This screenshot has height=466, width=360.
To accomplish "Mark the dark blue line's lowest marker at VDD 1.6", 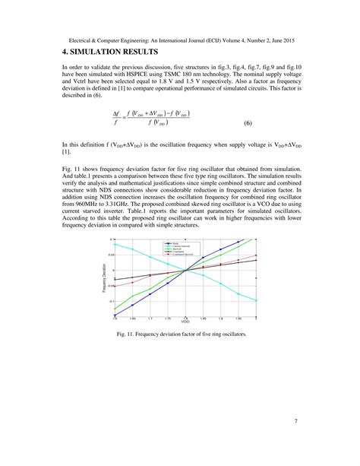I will coord(115,315).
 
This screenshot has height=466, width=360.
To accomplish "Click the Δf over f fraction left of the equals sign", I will coord(116,117).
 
